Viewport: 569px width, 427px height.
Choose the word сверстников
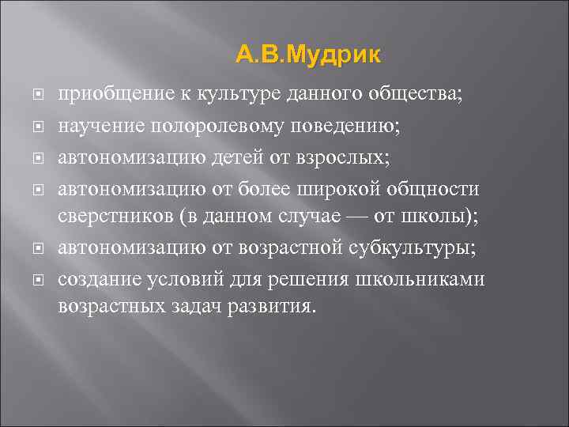point(107,217)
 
